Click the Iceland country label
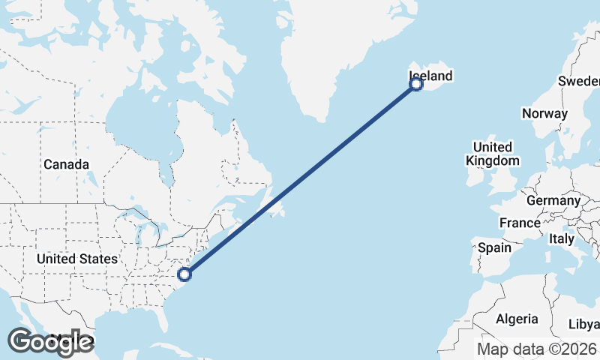431,76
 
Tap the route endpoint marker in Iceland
416,85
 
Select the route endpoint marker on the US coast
184,274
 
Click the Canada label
66,164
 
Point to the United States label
77,259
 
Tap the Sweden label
578,81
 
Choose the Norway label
544,113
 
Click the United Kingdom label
492,154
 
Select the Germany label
553,201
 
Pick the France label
520,223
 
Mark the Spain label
494,247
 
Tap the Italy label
561,239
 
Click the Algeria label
517,319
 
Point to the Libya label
584,324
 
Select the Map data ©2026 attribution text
537,349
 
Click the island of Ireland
475,177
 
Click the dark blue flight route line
300,179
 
